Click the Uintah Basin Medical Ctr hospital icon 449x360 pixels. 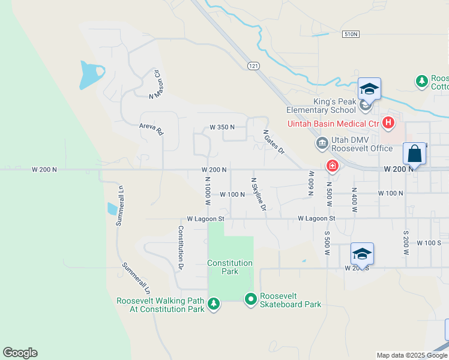tap(388, 124)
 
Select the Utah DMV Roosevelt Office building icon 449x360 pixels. tap(322, 143)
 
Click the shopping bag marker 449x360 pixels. tap(415, 154)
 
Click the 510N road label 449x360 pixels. tap(351, 35)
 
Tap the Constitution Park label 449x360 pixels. tap(230, 267)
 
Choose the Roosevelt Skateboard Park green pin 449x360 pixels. tap(250, 298)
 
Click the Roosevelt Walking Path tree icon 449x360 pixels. tap(213, 305)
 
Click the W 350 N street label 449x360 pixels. tap(221, 127)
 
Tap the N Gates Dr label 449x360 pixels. tap(274, 142)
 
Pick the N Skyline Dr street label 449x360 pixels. tap(258, 194)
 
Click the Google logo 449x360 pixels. tap(20, 353)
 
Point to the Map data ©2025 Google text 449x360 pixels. tap(412, 355)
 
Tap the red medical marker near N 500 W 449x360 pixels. tap(331, 165)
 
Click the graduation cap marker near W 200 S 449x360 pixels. tap(362, 254)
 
